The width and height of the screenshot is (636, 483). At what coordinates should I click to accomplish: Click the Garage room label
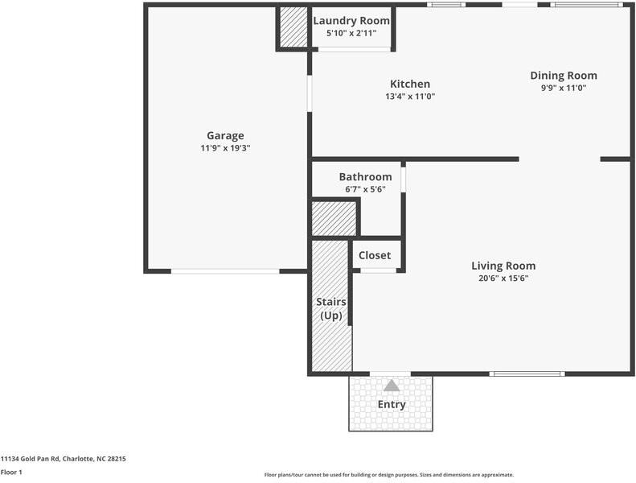[225, 136]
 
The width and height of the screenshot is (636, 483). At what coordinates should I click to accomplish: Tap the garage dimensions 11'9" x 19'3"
[225, 148]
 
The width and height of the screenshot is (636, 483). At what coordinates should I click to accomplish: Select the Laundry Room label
[351, 21]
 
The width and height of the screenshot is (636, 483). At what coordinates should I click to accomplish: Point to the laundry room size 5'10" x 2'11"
[351, 33]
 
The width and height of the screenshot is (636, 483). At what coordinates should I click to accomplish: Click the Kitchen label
[410, 84]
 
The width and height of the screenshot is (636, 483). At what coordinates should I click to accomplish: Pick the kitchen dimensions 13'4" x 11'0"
[410, 97]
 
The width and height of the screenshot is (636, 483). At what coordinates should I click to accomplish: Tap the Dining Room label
[564, 76]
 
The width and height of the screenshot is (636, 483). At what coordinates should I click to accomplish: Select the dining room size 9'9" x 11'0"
[564, 88]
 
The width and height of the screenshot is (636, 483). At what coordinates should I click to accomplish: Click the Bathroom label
[366, 177]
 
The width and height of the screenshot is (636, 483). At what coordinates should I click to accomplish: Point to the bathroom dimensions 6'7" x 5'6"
[366, 189]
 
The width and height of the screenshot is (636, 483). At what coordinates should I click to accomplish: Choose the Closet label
[375, 255]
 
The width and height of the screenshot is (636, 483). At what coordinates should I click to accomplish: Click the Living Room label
[503, 266]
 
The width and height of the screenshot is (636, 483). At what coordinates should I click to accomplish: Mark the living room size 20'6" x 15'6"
[503, 279]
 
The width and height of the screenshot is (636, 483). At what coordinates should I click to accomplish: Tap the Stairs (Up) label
[331, 309]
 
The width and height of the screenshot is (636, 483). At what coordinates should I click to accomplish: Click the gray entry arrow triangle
[392, 386]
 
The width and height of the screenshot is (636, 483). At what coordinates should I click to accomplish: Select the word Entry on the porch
[392, 405]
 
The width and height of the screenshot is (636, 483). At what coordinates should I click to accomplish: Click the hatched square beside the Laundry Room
[293, 27]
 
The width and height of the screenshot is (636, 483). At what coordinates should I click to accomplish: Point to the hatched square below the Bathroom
[334, 219]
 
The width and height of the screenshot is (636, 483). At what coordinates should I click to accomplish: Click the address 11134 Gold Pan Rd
[31, 459]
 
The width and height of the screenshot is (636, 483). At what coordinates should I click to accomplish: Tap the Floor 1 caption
[11, 472]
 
